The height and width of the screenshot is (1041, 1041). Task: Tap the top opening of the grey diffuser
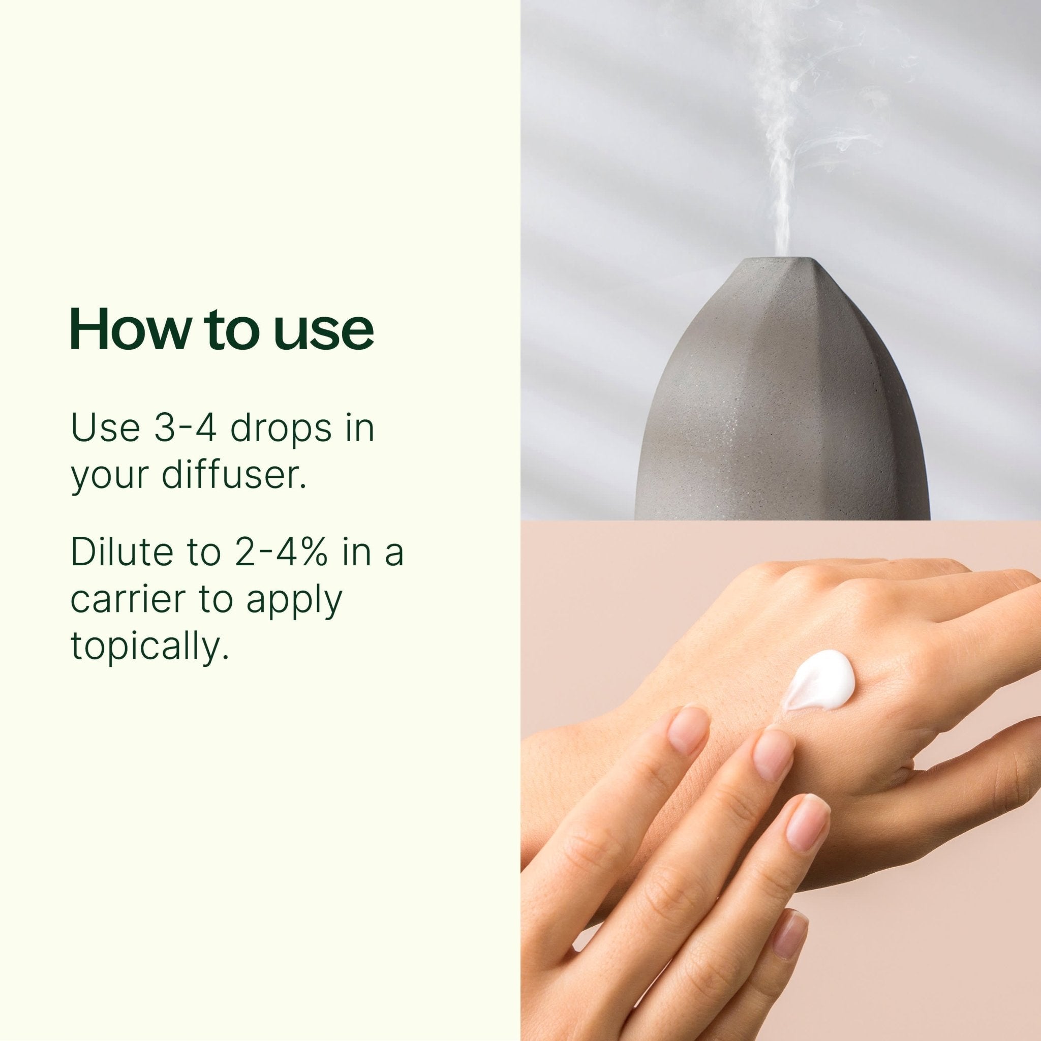coord(780,263)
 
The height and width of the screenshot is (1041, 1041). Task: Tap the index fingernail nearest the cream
coord(774,754)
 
